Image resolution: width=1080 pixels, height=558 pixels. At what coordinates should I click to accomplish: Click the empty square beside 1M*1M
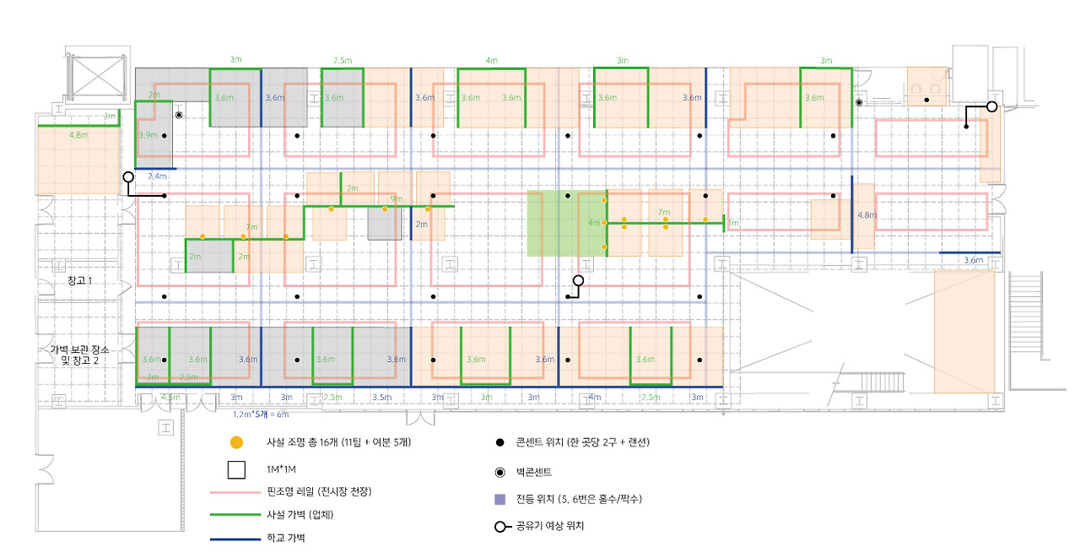[x=236, y=469]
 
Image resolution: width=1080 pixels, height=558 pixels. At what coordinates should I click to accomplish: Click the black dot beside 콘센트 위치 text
[x=500, y=442]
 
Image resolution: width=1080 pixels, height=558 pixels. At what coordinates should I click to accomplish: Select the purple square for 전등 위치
[x=500, y=499]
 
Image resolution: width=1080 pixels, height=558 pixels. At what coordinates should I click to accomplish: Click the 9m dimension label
[x=396, y=199]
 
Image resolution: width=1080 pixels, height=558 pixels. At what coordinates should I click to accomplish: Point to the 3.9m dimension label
[x=147, y=135]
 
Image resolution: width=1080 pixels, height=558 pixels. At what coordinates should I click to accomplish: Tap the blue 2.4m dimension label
[x=158, y=176]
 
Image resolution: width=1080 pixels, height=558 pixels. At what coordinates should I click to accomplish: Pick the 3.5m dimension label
[x=381, y=397]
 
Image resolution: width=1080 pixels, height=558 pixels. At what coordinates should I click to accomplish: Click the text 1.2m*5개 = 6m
[x=261, y=414]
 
